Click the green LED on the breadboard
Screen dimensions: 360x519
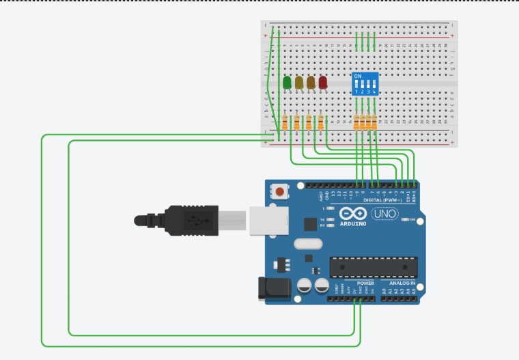point(287,83)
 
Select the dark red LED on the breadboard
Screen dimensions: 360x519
point(323,83)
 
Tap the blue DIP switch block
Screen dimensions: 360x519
point(365,83)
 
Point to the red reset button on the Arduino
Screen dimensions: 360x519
point(279,192)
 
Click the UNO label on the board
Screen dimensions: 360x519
point(384,214)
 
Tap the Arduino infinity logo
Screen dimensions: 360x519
point(352,214)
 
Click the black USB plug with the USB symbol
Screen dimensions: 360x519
point(191,220)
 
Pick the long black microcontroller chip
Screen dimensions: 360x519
point(374,267)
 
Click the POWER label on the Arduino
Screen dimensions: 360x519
point(366,283)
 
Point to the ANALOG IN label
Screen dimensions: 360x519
point(402,283)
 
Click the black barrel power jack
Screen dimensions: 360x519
point(271,288)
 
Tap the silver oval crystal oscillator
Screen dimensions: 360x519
point(307,244)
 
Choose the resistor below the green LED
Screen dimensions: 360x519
point(285,123)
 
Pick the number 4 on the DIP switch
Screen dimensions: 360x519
point(375,91)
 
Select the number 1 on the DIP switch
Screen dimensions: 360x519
point(356,91)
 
